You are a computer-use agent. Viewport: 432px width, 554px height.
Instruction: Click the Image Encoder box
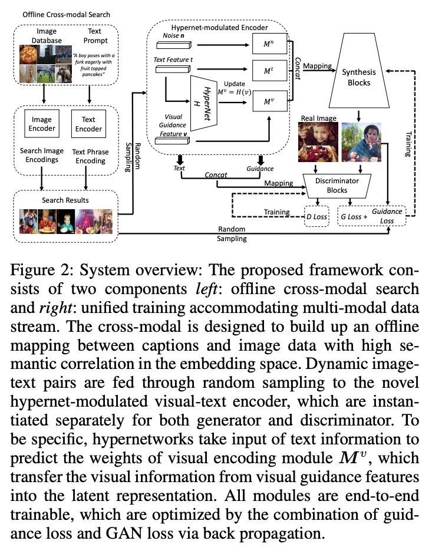point(42,124)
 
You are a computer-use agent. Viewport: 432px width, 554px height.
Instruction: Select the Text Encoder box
point(88,124)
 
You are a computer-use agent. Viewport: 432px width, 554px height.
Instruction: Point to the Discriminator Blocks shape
point(337,185)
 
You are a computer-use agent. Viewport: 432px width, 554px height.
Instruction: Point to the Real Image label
point(318,118)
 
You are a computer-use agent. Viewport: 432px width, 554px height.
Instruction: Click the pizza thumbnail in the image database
point(31,54)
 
